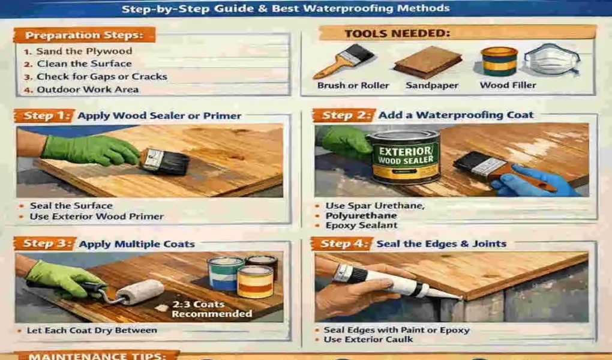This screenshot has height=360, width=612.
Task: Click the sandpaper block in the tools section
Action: [x=427, y=62]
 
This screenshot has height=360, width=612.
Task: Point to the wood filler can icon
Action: [x=499, y=61]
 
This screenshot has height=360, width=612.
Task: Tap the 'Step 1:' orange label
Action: [x=48, y=116]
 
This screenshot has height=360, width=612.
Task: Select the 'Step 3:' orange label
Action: [x=48, y=244]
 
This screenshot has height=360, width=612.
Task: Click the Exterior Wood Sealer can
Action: [x=403, y=157]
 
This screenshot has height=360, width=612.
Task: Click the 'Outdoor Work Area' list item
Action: [x=88, y=89]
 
